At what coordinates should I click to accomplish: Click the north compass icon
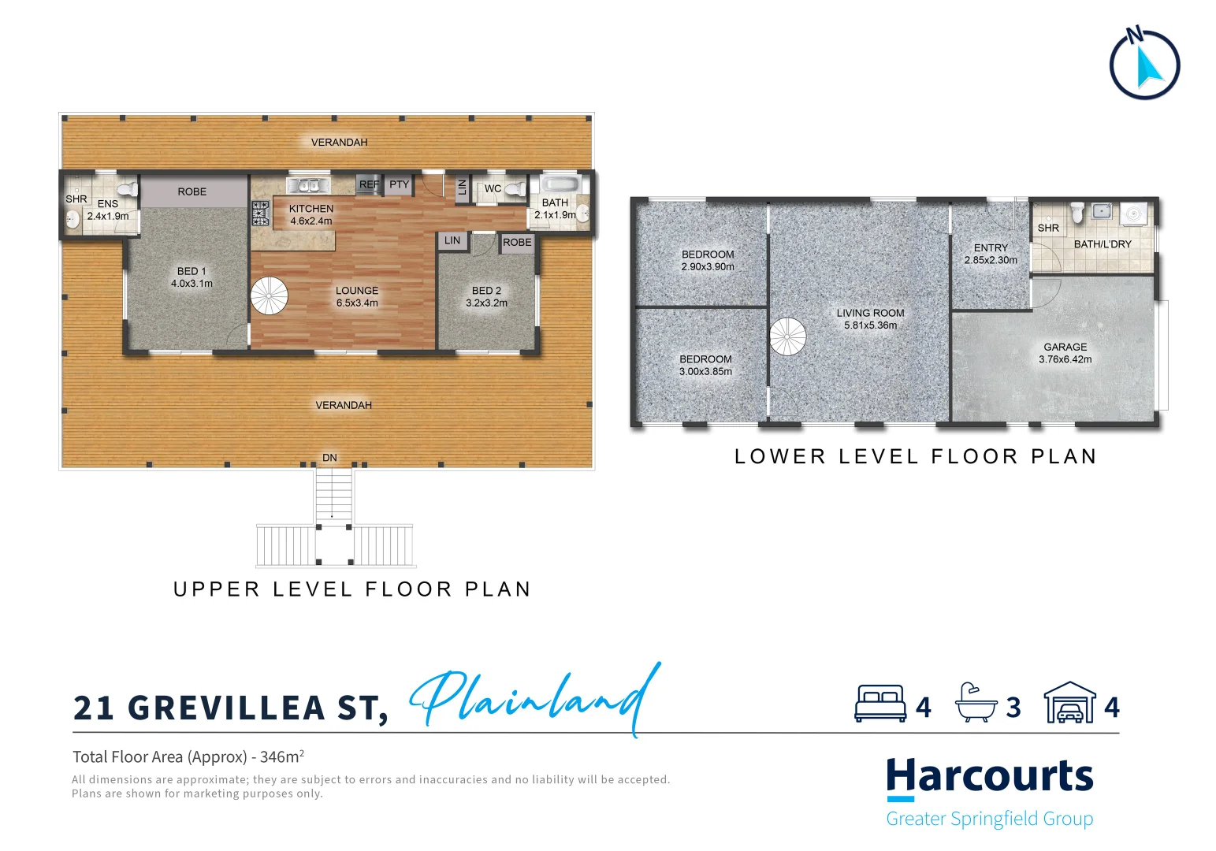pyautogui.click(x=1144, y=65)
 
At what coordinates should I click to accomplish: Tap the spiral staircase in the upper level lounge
pyautogui.click(x=270, y=296)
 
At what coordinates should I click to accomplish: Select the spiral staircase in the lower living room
pyautogui.click(x=788, y=336)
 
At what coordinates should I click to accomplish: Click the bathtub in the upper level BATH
pyautogui.click(x=559, y=185)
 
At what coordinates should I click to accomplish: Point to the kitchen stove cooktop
pyautogui.click(x=260, y=213)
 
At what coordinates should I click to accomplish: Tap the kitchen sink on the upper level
pyautogui.click(x=308, y=185)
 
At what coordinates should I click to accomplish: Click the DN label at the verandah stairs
pyautogui.click(x=329, y=458)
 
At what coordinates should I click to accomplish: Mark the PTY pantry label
pyautogui.click(x=399, y=184)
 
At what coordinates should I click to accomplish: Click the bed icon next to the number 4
pyautogui.click(x=880, y=704)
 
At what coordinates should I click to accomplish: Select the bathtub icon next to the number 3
pyautogui.click(x=976, y=703)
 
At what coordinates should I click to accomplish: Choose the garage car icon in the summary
pyautogui.click(x=1069, y=703)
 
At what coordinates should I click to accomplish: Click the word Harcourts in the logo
pyautogui.click(x=990, y=777)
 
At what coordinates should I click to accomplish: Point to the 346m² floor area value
pyautogui.click(x=281, y=756)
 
